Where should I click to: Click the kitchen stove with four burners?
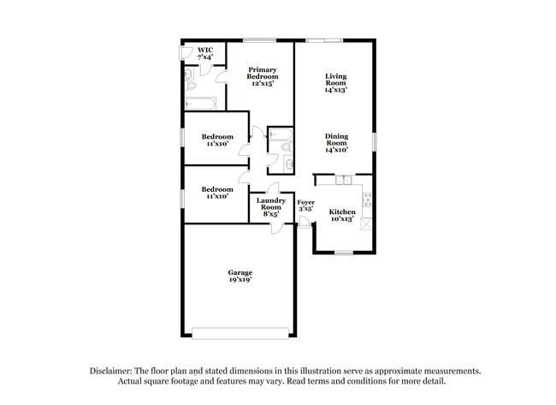[368, 200]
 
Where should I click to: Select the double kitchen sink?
[342, 180]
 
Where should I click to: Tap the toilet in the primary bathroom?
[191, 85]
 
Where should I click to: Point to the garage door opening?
[240, 332]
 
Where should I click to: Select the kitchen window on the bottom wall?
[343, 252]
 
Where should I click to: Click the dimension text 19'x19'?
[240, 280]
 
